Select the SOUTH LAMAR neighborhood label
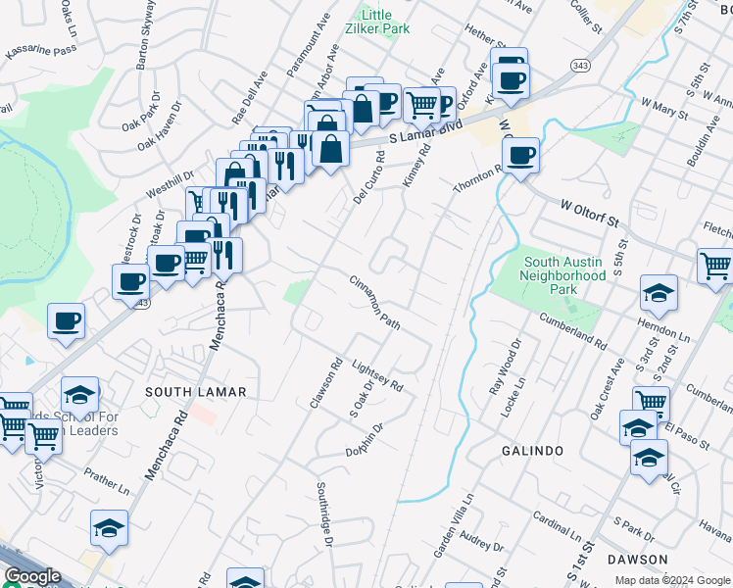pyautogui.click(x=196, y=392)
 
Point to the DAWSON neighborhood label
pyautogui.click(x=636, y=560)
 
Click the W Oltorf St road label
pyautogui.click(x=593, y=213)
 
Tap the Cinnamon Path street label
pyautogui.click(x=376, y=300)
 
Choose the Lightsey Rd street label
pyautogui.click(x=377, y=373)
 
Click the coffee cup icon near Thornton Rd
pyautogui.click(x=520, y=155)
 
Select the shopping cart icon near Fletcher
pyautogui.click(x=715, y=265)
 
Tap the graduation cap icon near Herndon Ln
pyautogui.click(x=659, y=293)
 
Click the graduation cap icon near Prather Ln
pyautogui.click(x=109, y=528)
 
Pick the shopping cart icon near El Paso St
pyautogui.click(x=651, y=402)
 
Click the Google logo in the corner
pyautogui.click(x=32, y=577)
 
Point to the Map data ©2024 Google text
pyautogui.click(x=671, y=580)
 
